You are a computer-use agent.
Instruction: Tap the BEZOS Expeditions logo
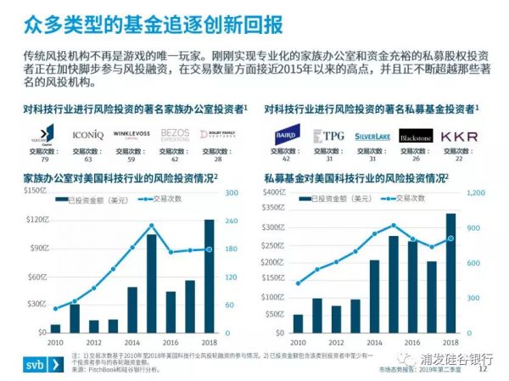(x=173, y=135)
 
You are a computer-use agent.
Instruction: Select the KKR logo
(x=459, y=136)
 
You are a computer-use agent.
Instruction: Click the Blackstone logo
(x=415, y=136)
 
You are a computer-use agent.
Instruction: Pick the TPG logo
(x=327, y=136)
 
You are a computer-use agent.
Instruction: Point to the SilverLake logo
(x=371, y=136)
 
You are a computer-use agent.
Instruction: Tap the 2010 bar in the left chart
(x=56, y=328)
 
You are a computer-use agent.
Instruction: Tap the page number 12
(x=484, y=369)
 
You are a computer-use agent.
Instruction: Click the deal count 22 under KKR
(x=459, y=158)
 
